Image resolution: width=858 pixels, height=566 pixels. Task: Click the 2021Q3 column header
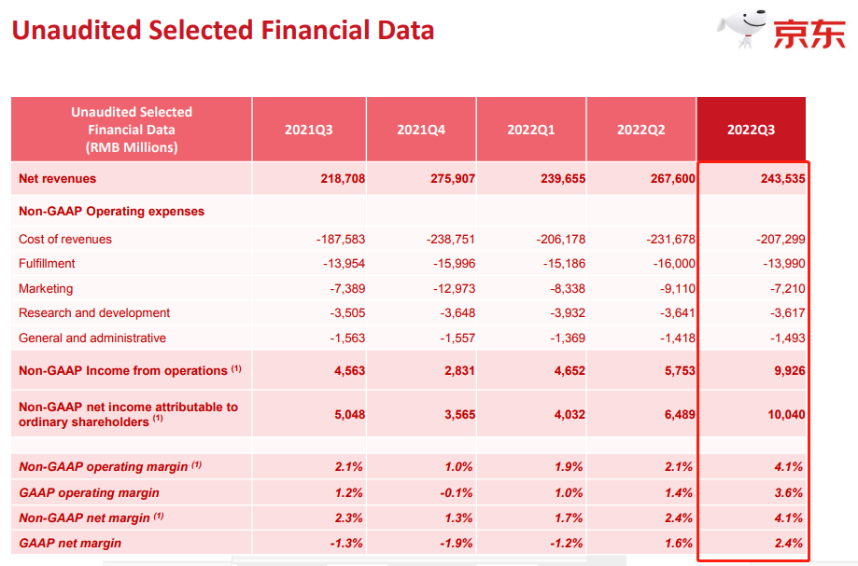point(309,130)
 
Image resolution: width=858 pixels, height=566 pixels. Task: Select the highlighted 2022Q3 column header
point(751,130)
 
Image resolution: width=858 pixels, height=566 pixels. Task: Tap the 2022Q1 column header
point(531,130)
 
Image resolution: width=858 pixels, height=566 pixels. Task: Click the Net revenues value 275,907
point(453,179)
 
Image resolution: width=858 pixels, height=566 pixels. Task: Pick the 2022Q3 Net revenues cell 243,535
point(782,179)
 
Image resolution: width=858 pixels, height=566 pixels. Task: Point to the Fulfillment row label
point(47,263)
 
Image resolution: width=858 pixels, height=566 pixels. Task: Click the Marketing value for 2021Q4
point(454,288)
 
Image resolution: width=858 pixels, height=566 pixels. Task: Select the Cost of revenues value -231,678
point(670,240)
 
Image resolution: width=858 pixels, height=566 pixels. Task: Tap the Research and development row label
point(94,313)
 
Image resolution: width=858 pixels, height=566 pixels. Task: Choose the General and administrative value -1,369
point(568,338)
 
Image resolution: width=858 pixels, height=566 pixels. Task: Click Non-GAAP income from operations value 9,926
point(790,371)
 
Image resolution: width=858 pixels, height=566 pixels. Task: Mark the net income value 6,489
point(680,415)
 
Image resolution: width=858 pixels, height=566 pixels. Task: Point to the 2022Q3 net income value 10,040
point(786,415)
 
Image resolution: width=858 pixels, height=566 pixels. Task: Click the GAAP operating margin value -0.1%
point(456,492)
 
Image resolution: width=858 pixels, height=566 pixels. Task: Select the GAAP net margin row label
point(70,543)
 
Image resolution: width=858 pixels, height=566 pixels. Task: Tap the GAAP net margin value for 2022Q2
point(679,543)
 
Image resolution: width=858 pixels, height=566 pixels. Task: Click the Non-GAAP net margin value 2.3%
point(348,518)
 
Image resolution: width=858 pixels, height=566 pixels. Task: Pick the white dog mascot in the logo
point(742,28)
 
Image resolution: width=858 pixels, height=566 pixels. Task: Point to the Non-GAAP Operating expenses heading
point(112,212)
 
